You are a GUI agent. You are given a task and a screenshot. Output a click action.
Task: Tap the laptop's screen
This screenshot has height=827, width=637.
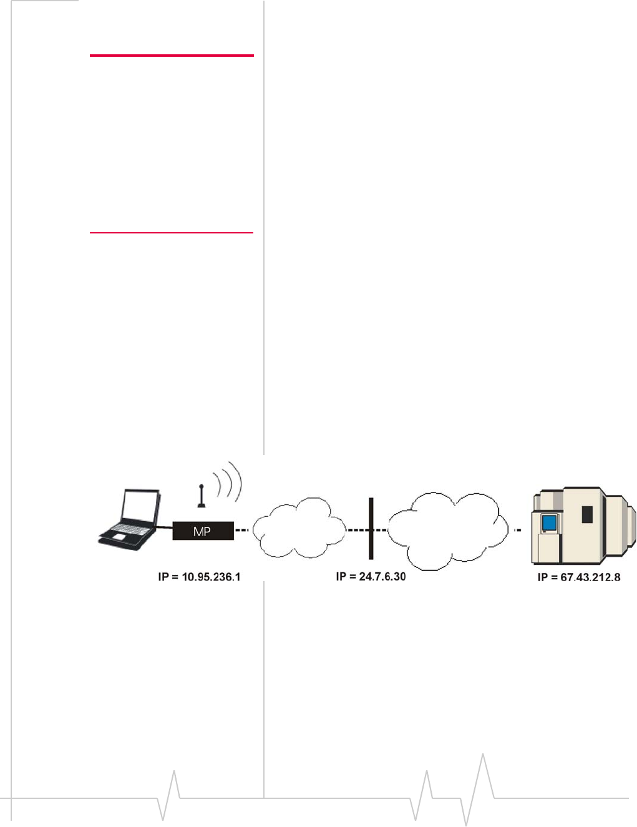[140, 506]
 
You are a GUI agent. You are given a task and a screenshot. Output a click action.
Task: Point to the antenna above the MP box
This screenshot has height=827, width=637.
[201, 496]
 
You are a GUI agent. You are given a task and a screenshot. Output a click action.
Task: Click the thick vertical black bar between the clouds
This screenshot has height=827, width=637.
[371, 528]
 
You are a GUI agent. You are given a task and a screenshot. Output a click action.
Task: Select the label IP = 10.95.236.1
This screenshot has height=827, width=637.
[199, 577]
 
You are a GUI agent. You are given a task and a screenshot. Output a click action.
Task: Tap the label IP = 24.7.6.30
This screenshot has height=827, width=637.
[371, 576]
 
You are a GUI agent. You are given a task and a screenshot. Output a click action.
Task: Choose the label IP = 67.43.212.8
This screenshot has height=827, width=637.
[578, 577]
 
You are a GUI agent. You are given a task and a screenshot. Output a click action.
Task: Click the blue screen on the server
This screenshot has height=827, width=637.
[549, 522]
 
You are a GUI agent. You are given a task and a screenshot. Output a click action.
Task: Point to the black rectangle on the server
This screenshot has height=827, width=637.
[586, 514]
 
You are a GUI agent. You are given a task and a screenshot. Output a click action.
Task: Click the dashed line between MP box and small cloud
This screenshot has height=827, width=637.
[242, 531]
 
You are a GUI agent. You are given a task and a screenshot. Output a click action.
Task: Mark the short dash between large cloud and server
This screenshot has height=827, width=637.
[517, 531]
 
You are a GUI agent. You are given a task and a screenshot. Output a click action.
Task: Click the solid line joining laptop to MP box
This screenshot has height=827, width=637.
[165, 528]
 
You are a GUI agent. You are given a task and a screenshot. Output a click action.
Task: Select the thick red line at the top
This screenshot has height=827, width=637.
[172, 56]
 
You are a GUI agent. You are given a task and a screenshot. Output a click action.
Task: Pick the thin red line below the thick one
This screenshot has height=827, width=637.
[172, 233]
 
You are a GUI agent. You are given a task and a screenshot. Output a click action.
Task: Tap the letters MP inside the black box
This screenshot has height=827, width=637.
[202, 531]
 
